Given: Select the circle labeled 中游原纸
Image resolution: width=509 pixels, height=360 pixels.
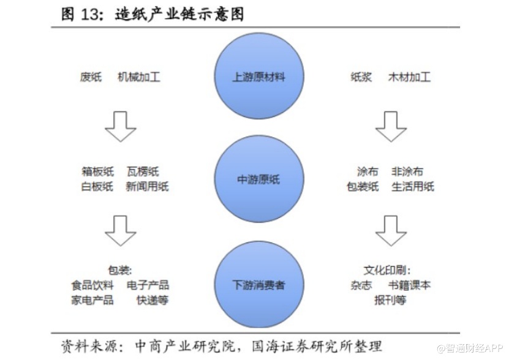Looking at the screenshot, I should [x=259, y=180].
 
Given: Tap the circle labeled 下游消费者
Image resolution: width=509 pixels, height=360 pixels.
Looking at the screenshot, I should [x=259, y=285].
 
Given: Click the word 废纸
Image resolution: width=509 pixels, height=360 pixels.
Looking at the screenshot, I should [x=91, y=78].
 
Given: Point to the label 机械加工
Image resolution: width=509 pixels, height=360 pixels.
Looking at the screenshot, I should [x=139, y=78].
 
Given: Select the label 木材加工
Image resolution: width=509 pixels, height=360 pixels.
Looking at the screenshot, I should [x=409, y=78].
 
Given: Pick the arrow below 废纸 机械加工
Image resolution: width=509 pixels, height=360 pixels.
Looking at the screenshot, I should [x=121, y=126].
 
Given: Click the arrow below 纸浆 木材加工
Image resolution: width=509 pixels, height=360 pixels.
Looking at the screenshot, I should [x=391, y=126].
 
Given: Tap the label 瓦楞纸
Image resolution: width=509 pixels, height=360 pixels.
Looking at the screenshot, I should [x=143, y=172].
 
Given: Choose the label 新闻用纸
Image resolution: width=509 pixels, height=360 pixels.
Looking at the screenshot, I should [x=147, y=187].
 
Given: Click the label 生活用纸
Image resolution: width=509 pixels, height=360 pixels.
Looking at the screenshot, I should [x=413, y=187].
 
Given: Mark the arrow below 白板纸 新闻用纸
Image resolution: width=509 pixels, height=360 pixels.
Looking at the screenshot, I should [x=121, y=230].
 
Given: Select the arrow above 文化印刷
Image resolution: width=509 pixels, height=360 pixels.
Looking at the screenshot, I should [x=391, y=230].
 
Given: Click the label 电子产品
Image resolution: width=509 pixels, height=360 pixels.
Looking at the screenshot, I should [x=148, y=285].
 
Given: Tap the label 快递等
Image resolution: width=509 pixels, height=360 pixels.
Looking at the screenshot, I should [x=153, y=300].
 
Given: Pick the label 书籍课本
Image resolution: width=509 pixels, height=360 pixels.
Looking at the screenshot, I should [x=409, y=285].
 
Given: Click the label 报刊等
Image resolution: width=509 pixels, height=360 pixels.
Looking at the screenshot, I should [x=391, y=300].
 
